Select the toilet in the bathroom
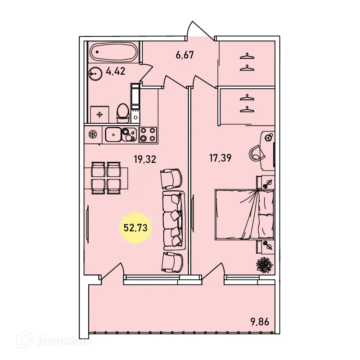[x=122, y=112]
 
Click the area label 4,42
[x=115, y=71]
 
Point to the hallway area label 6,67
[x=184, y=55]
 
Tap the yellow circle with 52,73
[x=135, y=228]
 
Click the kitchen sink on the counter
[x=113, y=134]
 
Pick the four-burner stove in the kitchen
[x=148, y=134]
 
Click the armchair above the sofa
[x=171, y=179]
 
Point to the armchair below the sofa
[x=172, y=261]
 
